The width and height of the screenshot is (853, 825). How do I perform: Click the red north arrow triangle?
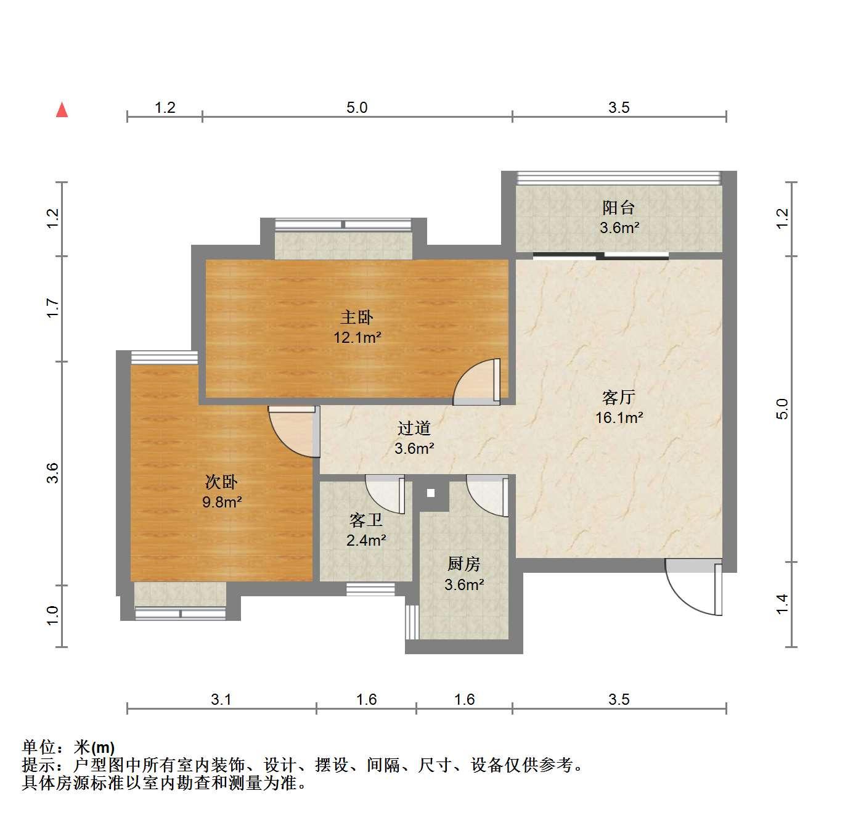(62, 110)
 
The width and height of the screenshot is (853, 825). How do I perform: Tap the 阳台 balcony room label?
(619, 207)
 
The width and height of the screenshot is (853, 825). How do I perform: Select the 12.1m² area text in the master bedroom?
(357, 337)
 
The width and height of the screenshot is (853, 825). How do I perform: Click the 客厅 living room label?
(619, 397)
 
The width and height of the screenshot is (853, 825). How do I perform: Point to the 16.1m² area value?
(619, 417)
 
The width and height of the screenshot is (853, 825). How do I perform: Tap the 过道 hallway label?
(414, 428)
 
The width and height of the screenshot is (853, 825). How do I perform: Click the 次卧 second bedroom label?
(221, 482)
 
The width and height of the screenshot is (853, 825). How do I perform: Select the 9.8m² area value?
(222, 502)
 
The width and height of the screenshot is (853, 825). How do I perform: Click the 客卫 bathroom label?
(366, 520)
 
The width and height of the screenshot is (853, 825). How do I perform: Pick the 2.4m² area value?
(366, 540)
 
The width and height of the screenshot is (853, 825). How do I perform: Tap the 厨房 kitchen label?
(463, 564)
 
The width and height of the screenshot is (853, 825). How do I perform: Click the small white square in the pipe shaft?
(430, 493)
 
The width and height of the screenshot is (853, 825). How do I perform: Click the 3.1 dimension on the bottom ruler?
(221, 699)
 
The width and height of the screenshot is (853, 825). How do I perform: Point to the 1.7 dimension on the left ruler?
(52, 308)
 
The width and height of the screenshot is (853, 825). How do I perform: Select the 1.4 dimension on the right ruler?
(782, 604)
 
